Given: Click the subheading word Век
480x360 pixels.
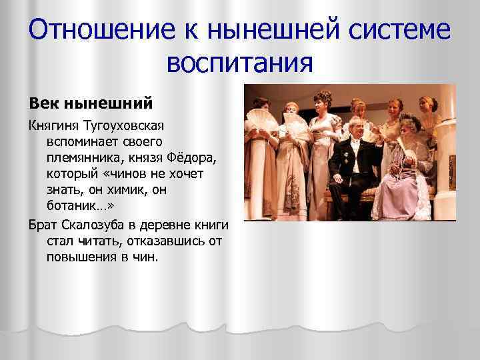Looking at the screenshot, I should pos(41,104).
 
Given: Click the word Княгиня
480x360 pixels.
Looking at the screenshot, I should pos(51,126).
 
